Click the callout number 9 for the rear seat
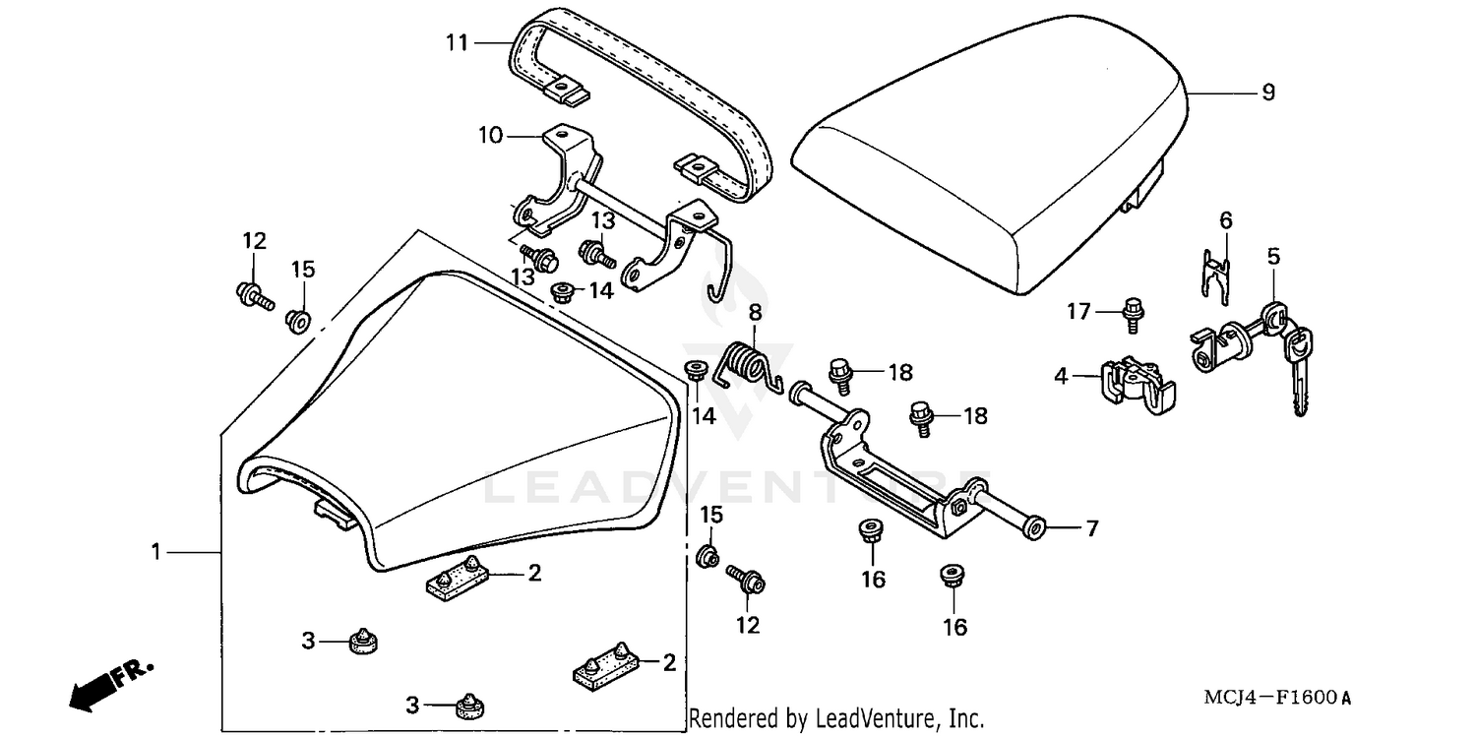click(1267, 92)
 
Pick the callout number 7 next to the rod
click(1091, 528)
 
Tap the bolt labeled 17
click(1132, 313)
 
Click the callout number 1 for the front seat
click(155, 553)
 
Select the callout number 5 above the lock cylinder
click(1273, 258)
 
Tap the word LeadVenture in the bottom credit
click(871, 719)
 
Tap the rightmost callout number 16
click(954, 627)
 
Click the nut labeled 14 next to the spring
click(695, 371)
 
